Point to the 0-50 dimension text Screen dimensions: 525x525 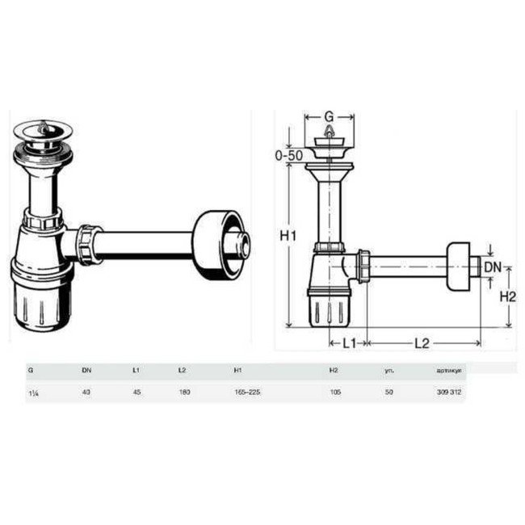pyautogui.click(x=288, y=155)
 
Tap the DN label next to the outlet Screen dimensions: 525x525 pyautogui.click(x=493, y=267)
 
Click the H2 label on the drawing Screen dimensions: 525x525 pyautogui.click(x=507, y=296)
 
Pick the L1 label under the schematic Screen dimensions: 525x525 pyautogui.click(x=349, y=342)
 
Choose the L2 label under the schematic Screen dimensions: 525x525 pyautogui.click(x=421, y=342)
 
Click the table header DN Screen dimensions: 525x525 pyautogui.click(x=86, y=370)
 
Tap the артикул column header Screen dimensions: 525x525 pyautogui.click(x=448, y=370)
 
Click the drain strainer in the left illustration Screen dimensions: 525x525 pyautogui.click(x=40, y=131)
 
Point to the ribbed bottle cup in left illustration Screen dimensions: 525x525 pyautogui.click(x=42, y=291)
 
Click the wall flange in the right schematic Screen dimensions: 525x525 pyautogui.click(x=461, y=264)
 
